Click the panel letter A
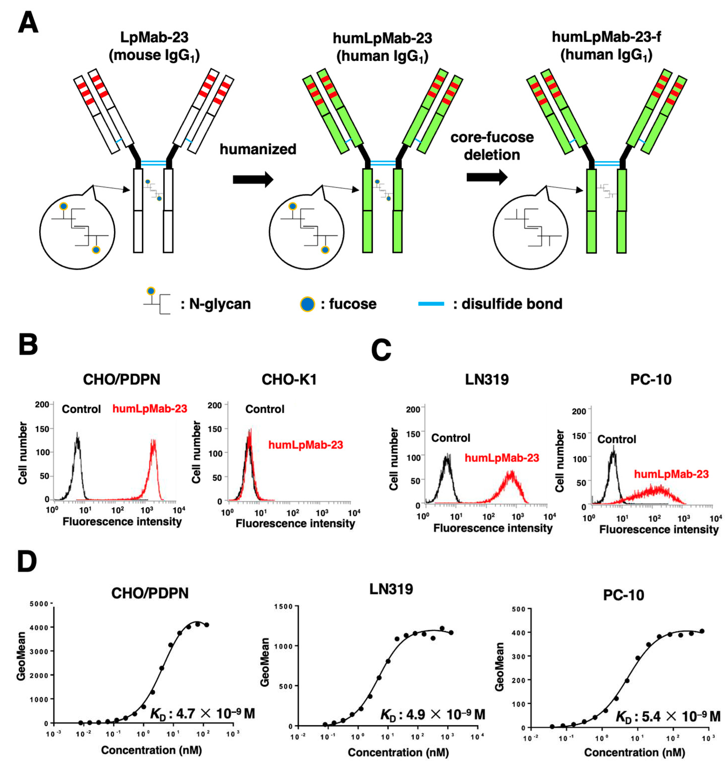coord(28,22)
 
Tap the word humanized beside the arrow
coord(258,149)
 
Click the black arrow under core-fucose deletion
coord(487,177)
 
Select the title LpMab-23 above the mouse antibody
coord(154,37)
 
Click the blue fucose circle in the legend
coord(307,304)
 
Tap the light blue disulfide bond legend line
coord(431,304)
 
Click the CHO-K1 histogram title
coord(289,380)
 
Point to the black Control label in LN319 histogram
coord(451,438)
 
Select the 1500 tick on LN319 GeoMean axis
coord(283,606)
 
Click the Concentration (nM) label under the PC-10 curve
coord(634,752)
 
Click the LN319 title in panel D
coord(391,589)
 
